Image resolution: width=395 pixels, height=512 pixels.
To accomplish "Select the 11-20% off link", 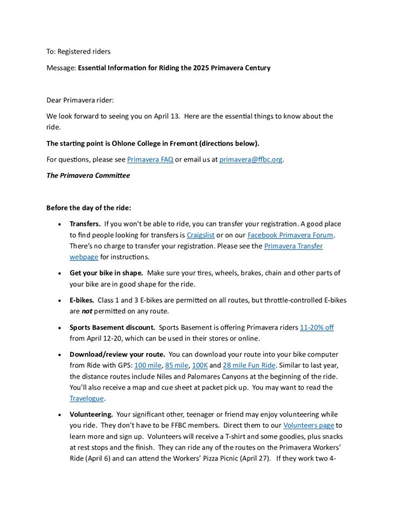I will point(317,327).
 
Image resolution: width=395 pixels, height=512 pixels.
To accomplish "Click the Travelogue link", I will point(87,398).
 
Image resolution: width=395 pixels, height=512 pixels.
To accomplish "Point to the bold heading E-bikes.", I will point(82,300).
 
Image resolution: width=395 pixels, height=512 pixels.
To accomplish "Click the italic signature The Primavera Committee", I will point(88,175).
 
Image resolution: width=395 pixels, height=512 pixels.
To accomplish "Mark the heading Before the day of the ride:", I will point(88,207).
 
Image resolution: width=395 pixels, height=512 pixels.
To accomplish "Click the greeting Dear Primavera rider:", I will point(80,100).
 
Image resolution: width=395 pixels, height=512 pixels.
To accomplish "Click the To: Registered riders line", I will point(78,51).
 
